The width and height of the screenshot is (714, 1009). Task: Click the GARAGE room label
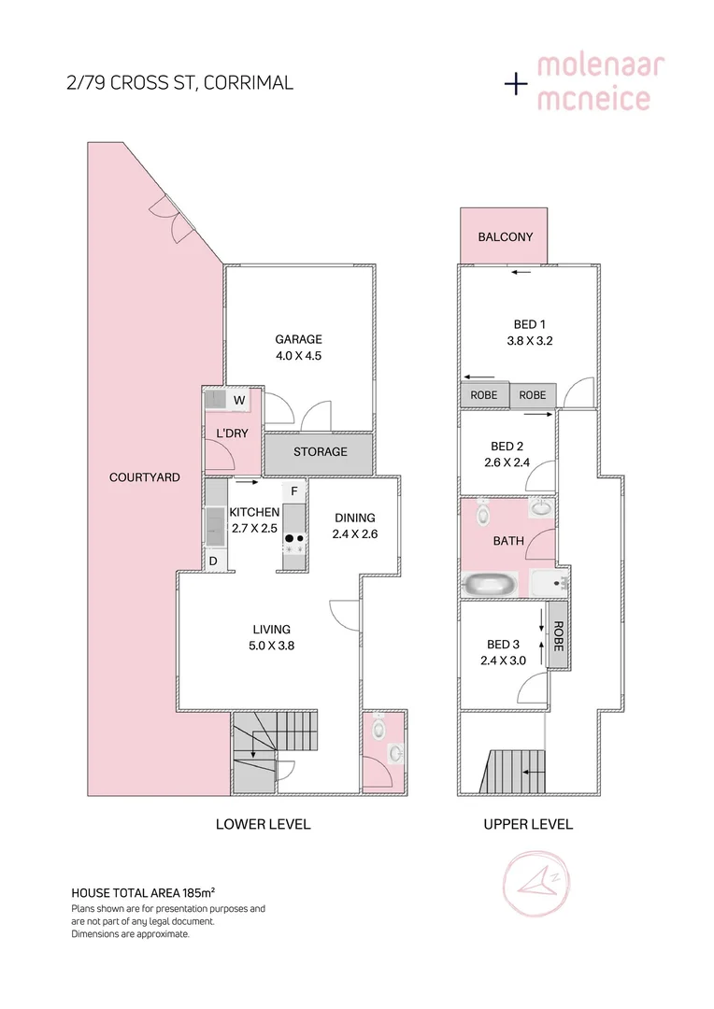point(298,339)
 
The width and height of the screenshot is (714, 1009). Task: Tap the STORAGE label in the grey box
point(320,451)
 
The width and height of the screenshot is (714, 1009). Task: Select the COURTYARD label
point(144,477)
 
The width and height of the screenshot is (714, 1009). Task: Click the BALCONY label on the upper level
point(505,236)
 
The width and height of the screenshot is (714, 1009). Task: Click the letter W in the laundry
point(239,401)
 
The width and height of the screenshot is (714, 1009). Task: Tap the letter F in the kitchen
point(293,490)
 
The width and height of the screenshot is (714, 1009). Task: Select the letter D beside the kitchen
point(213,561)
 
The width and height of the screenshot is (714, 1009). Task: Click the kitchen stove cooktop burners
point(294,544)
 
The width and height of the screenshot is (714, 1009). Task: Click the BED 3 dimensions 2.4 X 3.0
point(503,661)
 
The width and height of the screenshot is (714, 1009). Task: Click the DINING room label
point(354,518)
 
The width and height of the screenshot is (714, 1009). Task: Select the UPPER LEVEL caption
point(527,824)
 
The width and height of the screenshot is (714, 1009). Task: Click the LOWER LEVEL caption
point(263,824)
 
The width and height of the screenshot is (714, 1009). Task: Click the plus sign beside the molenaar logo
point(515,84)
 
